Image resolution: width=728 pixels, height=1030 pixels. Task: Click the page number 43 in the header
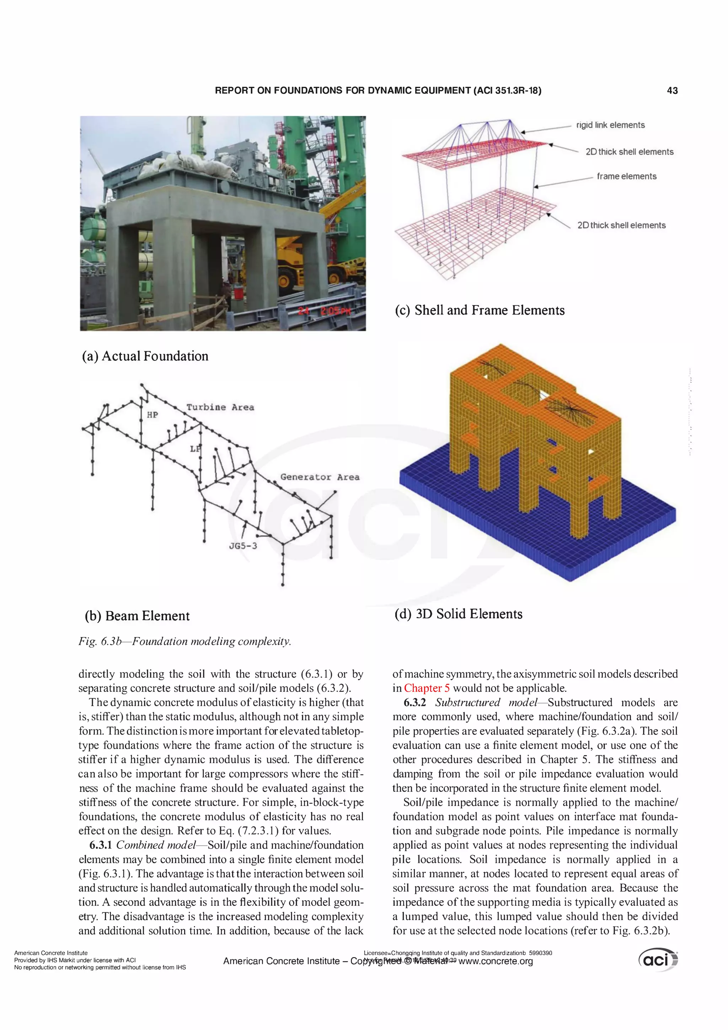click(672, 91)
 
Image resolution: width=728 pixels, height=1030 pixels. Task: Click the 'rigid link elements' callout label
click(610, 125)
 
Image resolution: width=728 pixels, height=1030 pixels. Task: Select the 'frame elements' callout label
click(626, 176)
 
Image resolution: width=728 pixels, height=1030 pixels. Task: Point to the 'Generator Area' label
click(320, 477)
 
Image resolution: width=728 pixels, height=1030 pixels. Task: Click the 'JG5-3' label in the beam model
click(243, 546)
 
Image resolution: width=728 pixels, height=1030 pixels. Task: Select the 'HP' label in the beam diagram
click(152, 415)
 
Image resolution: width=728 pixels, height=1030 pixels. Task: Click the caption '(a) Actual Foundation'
click(145, 356)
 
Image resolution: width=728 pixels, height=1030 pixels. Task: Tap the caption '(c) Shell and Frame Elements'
click(479, 310)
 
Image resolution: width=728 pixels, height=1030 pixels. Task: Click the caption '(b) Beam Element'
click(137, 616)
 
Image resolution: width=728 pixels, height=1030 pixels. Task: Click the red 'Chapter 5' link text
click(427, 688)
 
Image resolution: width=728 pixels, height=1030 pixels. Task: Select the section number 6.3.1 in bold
click(101, 845)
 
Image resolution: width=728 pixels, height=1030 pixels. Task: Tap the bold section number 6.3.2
click(414, 703)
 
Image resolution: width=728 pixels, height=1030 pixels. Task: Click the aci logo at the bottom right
click(658, 960)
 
